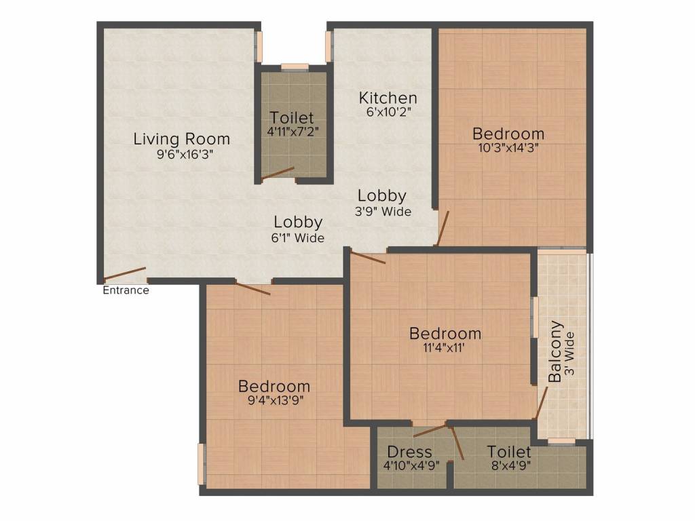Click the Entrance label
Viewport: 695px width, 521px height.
tap(126, 290)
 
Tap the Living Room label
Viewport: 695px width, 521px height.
tap(181, 139)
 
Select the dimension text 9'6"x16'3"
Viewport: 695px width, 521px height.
tap(181, 154)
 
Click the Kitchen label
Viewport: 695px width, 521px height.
tap(388, 98)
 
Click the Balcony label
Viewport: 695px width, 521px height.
tap(555, 351)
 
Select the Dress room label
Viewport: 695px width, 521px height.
tap(409, 452)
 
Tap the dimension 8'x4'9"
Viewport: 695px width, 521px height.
tap(509, 466)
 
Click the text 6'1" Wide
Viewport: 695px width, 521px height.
tap(298, 238)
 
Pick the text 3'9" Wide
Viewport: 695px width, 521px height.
tap(382, 212)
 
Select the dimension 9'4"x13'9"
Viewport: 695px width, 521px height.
tap(274, 400)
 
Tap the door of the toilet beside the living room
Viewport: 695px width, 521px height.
tap(278, 174)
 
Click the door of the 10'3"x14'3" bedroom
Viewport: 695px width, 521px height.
tap(443, 229)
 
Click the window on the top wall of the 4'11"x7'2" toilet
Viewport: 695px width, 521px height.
tap(295, 66)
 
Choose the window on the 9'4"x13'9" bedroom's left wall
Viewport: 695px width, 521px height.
tap(201, 463)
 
